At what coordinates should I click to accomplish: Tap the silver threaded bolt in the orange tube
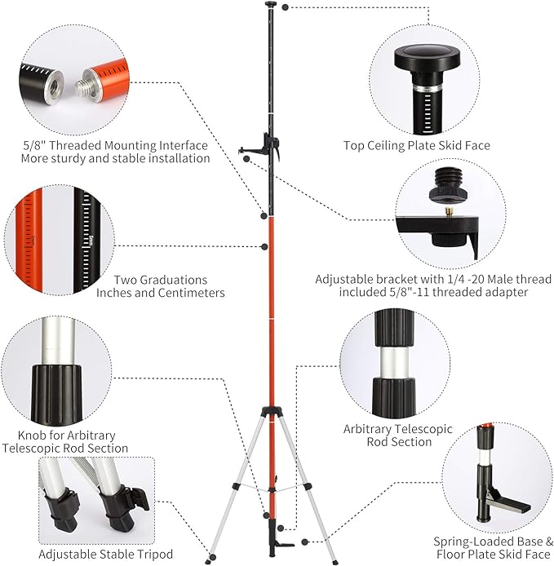point(86,81)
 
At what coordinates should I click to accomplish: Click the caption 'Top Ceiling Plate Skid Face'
point(428,146)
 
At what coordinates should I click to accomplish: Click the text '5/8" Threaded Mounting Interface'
point(115,145)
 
